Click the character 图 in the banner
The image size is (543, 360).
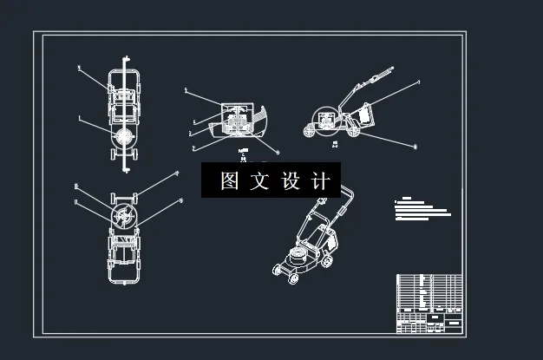click(x=229, y=181)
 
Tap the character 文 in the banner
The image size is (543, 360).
click(x=259, y=181)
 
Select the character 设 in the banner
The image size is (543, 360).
click(x=290, y=181)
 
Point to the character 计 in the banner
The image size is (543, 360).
click(x=319, y=181)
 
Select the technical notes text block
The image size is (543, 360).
click(x=422, y=208)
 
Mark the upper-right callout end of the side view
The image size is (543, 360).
click(x=418, y=82)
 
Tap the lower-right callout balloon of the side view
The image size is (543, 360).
click(x=415, y=147)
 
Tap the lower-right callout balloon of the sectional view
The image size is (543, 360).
click(x=277, y=152)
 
